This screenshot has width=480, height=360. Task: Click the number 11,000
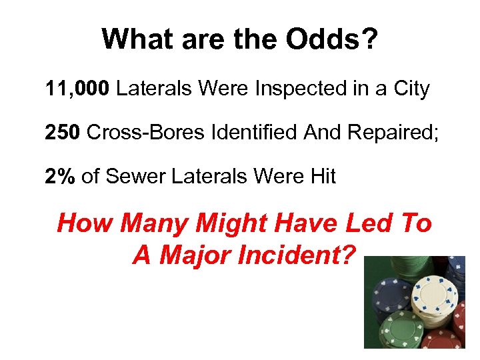[77, 89]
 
